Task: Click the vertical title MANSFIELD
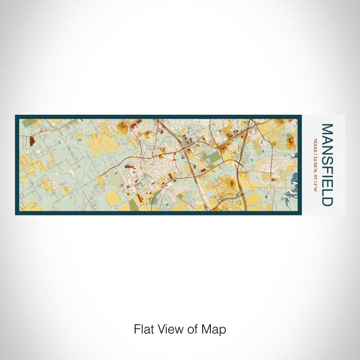point(327,165)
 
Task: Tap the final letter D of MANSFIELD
point(327,201)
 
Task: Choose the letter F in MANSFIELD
point(327,167)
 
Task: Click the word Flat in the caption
point(144,329)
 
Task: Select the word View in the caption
point(169,329)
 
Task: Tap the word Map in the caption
point(215,329)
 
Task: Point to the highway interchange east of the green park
point(238,165)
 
